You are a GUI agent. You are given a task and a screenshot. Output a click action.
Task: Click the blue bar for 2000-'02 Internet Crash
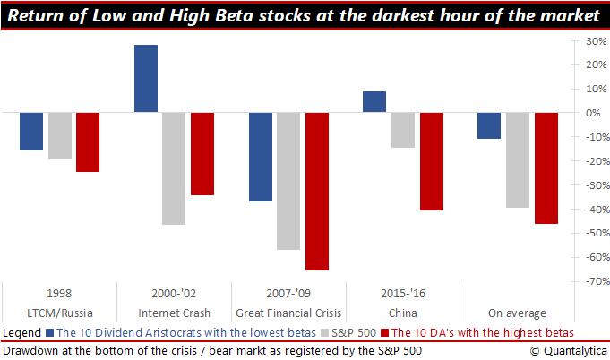coord(146,79)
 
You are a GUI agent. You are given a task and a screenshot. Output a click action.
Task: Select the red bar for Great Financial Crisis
coord(317,191)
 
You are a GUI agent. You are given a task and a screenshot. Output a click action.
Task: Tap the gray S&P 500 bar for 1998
coord(60,136)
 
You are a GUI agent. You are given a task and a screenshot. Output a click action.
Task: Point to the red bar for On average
coord(546,167)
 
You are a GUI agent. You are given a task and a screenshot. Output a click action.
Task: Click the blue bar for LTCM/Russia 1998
coord(31,132)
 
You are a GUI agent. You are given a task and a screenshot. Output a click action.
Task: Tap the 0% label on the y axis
coord(587,113)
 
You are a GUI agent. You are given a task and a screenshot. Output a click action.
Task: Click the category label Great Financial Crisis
coord(288,313)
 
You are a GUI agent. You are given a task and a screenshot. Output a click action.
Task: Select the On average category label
coord(517,313)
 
